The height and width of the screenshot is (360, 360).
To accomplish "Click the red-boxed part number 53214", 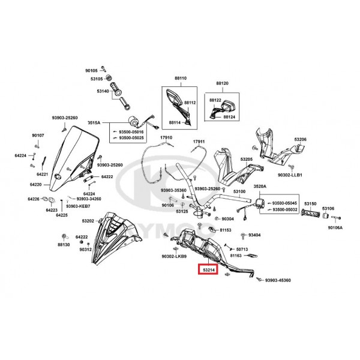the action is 209,270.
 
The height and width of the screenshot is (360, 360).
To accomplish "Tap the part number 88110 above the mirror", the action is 181,78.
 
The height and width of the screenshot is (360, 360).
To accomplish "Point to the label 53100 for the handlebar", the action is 239,191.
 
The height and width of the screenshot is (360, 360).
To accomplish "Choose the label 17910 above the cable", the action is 166,137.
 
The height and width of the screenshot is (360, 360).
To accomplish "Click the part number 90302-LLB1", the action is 290,175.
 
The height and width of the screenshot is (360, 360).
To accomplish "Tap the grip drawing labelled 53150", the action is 310,213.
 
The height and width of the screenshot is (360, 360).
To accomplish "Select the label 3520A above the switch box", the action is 260,186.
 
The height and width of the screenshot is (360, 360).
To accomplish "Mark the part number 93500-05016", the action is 131,132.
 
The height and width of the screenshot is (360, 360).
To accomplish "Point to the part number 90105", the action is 91,71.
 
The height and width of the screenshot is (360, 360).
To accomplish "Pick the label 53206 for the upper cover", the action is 301,139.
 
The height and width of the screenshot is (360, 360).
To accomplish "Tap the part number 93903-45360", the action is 278,280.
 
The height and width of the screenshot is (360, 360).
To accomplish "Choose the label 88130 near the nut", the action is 64,245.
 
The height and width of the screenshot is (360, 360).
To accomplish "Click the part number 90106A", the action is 335,227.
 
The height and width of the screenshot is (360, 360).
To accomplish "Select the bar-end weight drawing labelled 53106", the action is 326,216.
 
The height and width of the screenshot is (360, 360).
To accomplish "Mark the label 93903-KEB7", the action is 78,206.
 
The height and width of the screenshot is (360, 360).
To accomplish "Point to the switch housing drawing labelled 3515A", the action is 133,121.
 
